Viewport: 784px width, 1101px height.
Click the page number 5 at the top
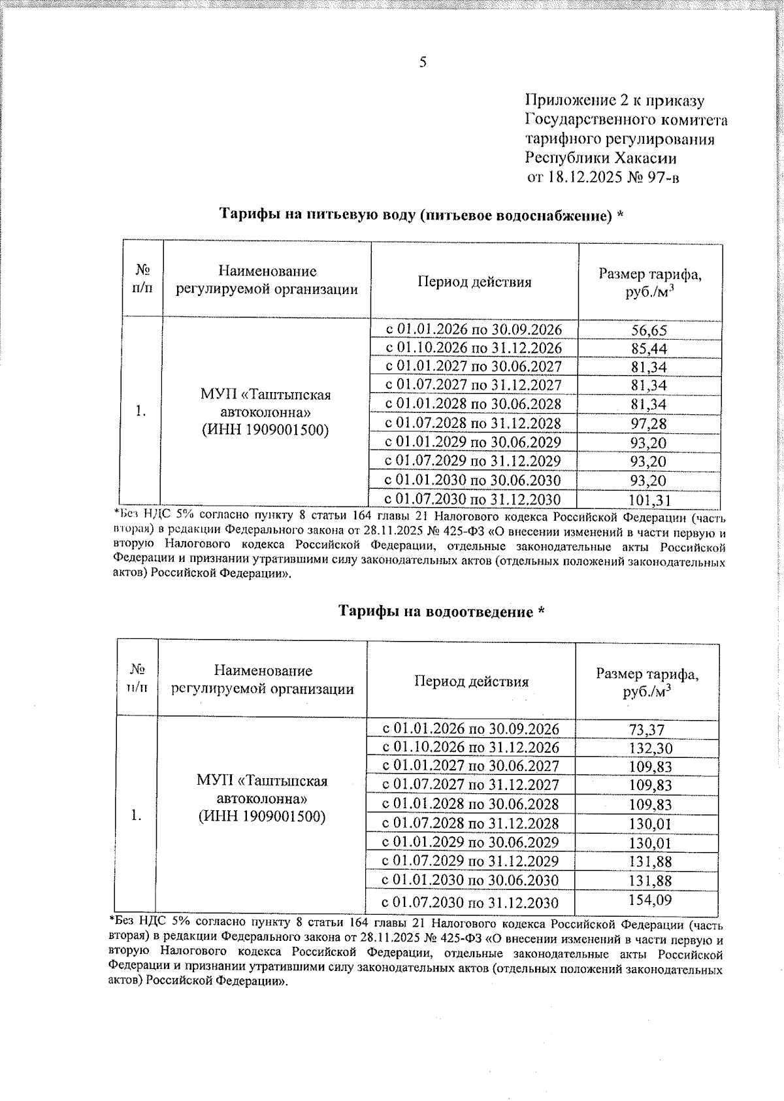tap(423, 62)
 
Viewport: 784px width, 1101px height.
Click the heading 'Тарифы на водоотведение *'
tap(442, 612)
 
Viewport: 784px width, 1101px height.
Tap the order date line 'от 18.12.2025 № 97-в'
tap(602, 177)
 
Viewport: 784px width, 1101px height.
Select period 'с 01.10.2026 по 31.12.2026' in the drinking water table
tap(474, 348)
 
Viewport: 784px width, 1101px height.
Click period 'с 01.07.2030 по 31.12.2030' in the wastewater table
tap(470, 904)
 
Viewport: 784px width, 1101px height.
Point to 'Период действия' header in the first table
tap(474, 282)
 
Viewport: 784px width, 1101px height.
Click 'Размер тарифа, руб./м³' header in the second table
tap(647, 682)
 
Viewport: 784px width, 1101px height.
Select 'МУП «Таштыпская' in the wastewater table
tap(262, 781)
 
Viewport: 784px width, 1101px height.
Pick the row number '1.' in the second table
tap(136, 815)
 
